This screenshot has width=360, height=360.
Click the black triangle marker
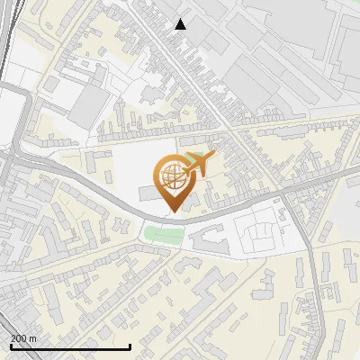pyautogui.click(x=181, y=24)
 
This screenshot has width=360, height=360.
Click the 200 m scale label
pyautogui.click(x=24, y=338)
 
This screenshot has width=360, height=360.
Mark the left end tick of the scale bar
pyautogui.click(x=10, y=346)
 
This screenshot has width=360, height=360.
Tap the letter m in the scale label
pyautogui.click(x=33, y=338)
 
